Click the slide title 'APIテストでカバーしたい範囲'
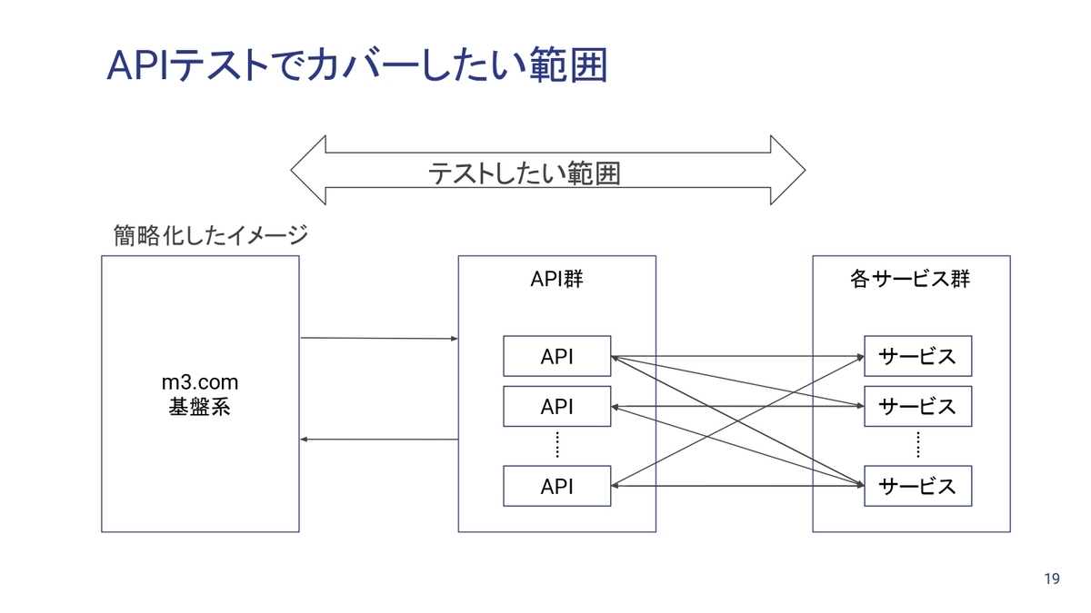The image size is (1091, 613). coord(357,64)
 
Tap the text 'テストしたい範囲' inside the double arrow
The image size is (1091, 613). coord(524,173)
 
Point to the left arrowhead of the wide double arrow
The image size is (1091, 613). coord(308,171)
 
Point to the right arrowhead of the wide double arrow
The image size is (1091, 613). coord(787,171)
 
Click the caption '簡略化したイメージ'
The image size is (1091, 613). coord(211,235)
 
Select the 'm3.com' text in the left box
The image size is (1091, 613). coord(200,382)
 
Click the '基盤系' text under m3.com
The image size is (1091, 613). coord(200,407)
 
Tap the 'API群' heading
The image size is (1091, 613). coord(556,280)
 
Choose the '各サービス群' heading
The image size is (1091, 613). coord(910,280)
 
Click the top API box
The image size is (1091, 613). coord(556,356)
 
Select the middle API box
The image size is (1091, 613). coord(556,407)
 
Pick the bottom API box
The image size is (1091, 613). coord(556,486)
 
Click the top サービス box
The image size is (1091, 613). coord(918,356)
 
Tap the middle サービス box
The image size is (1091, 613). coord(918,407)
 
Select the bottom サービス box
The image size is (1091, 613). coord(918,486)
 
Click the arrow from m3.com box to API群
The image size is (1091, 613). coord(379,338)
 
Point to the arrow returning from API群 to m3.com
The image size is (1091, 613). coord(379,440)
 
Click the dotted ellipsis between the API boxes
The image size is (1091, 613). coord(557,445)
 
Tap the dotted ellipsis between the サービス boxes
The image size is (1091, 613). coord(918,445)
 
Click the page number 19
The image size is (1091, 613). coord(1052,578)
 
